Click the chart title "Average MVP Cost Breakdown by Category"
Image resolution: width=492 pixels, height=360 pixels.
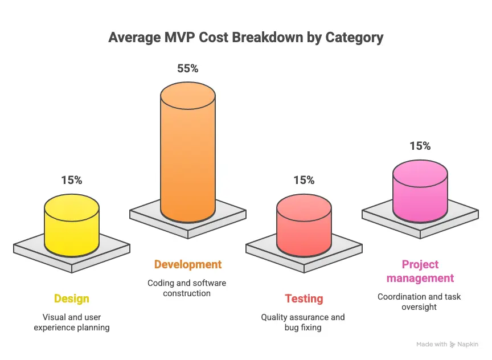(x=245, y=38)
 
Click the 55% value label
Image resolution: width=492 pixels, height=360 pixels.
(x=188, y=68)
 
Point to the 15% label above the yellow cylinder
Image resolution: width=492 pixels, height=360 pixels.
(x=72, y=180)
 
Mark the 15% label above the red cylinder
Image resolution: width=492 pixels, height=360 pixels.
(x=304, y=180)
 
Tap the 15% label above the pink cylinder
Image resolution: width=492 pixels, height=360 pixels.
(x=420, y=146)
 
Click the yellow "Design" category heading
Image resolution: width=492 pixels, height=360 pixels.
(x=72, y=298)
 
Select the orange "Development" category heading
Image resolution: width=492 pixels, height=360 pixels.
(x=188, y=264)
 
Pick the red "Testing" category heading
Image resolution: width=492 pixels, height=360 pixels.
(x=304, y=298)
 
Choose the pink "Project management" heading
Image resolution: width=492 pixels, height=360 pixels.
(x=420, y=271)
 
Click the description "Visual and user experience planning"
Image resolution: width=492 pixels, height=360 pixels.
(x=72, y=322)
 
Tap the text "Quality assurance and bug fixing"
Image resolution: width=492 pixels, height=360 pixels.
(x=303, y=322)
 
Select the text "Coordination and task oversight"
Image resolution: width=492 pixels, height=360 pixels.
(x=420, y=301)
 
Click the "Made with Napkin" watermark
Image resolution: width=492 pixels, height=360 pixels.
(x=447, y=344)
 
